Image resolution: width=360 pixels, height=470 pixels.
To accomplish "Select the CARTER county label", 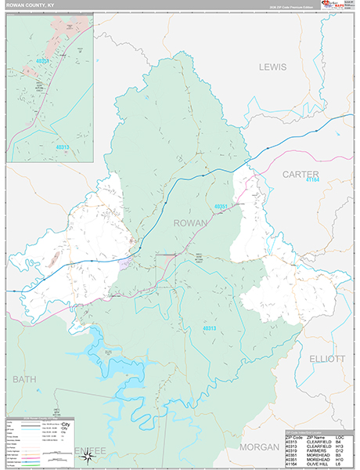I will click(301, 174).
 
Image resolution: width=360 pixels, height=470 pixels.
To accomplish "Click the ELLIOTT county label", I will click(327, 359).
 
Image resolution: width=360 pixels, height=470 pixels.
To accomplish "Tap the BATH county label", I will click(25, 379).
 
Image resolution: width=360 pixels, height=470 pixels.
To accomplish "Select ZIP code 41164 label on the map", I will click(314, 181).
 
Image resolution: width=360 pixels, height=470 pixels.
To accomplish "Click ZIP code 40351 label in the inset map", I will click(42, 60).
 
